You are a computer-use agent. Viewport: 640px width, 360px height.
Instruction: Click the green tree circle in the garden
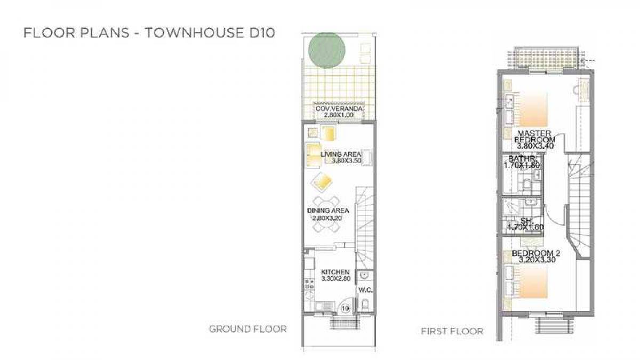coord(326,50)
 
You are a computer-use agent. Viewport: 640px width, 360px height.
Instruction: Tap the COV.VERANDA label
coord(339,109)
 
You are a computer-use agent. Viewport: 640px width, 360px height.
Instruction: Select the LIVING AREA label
coord(341,154)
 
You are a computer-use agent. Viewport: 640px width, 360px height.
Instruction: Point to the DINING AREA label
coord(328,211)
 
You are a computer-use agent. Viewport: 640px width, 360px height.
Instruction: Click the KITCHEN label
coord(335,272)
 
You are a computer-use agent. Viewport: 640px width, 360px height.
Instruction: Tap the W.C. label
coord(365,290)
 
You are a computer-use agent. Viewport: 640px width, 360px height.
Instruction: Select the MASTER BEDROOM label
coord(534,137)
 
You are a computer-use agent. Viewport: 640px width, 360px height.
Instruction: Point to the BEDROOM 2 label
coord(536,253)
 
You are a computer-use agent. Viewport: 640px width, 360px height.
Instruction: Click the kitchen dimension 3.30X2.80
coord(335,278)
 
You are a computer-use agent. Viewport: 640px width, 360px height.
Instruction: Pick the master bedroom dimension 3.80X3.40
coord(535,146)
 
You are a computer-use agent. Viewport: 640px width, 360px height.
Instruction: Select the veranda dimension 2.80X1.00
coord(339,115)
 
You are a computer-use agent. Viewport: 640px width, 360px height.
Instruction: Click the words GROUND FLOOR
coord(247,329)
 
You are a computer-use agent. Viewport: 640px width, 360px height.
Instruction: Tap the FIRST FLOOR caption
coord(452,331)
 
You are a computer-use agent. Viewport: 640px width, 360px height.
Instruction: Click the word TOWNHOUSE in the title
coord(194,33)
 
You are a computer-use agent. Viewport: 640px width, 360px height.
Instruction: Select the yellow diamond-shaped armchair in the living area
coord(322,182)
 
